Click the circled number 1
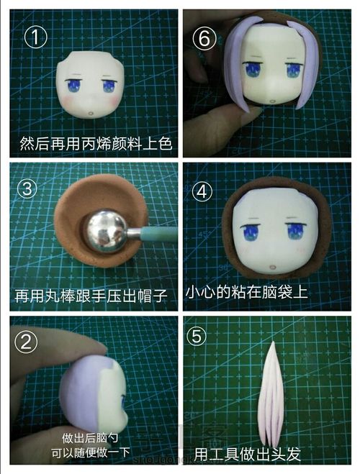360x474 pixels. coord(36,37)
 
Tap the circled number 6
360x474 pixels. coord(204,39)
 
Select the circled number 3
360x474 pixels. coord(27,189)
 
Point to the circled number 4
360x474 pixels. coord(202,191)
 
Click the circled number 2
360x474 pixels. coord(27,342)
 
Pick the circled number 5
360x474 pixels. coord(197,336)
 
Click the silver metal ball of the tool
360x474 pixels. coord(106,230)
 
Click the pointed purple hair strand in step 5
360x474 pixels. coord(272,393)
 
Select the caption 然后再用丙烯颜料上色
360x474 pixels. coord(96,143)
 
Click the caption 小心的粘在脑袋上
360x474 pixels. coord(246,292)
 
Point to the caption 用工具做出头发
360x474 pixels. coord(248,454)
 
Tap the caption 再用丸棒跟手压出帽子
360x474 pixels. coord(91,296)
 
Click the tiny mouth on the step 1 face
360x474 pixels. coord(91,114)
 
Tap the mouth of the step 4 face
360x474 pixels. coord(273,268)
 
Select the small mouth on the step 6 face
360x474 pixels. coord(273,102)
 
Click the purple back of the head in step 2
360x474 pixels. coord(80,390)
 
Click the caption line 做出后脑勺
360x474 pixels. coord(90,437)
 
